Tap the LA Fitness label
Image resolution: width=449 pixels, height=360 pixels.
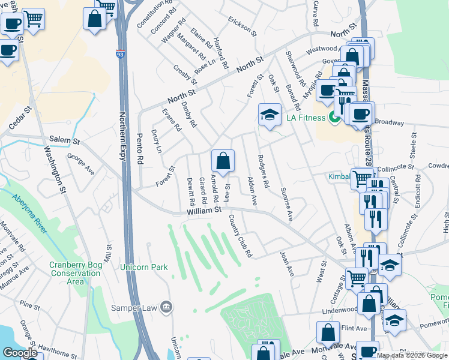[304, 116]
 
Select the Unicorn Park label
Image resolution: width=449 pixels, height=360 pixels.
[143, 267]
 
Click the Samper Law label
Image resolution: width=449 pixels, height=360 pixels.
[133, 308]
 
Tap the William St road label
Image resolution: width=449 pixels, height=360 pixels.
[204, 210]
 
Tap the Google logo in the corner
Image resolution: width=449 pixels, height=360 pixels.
[20, 353]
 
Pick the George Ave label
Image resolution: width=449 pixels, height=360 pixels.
[81, 163]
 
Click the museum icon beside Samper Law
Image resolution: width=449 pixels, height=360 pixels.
[167, 308]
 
